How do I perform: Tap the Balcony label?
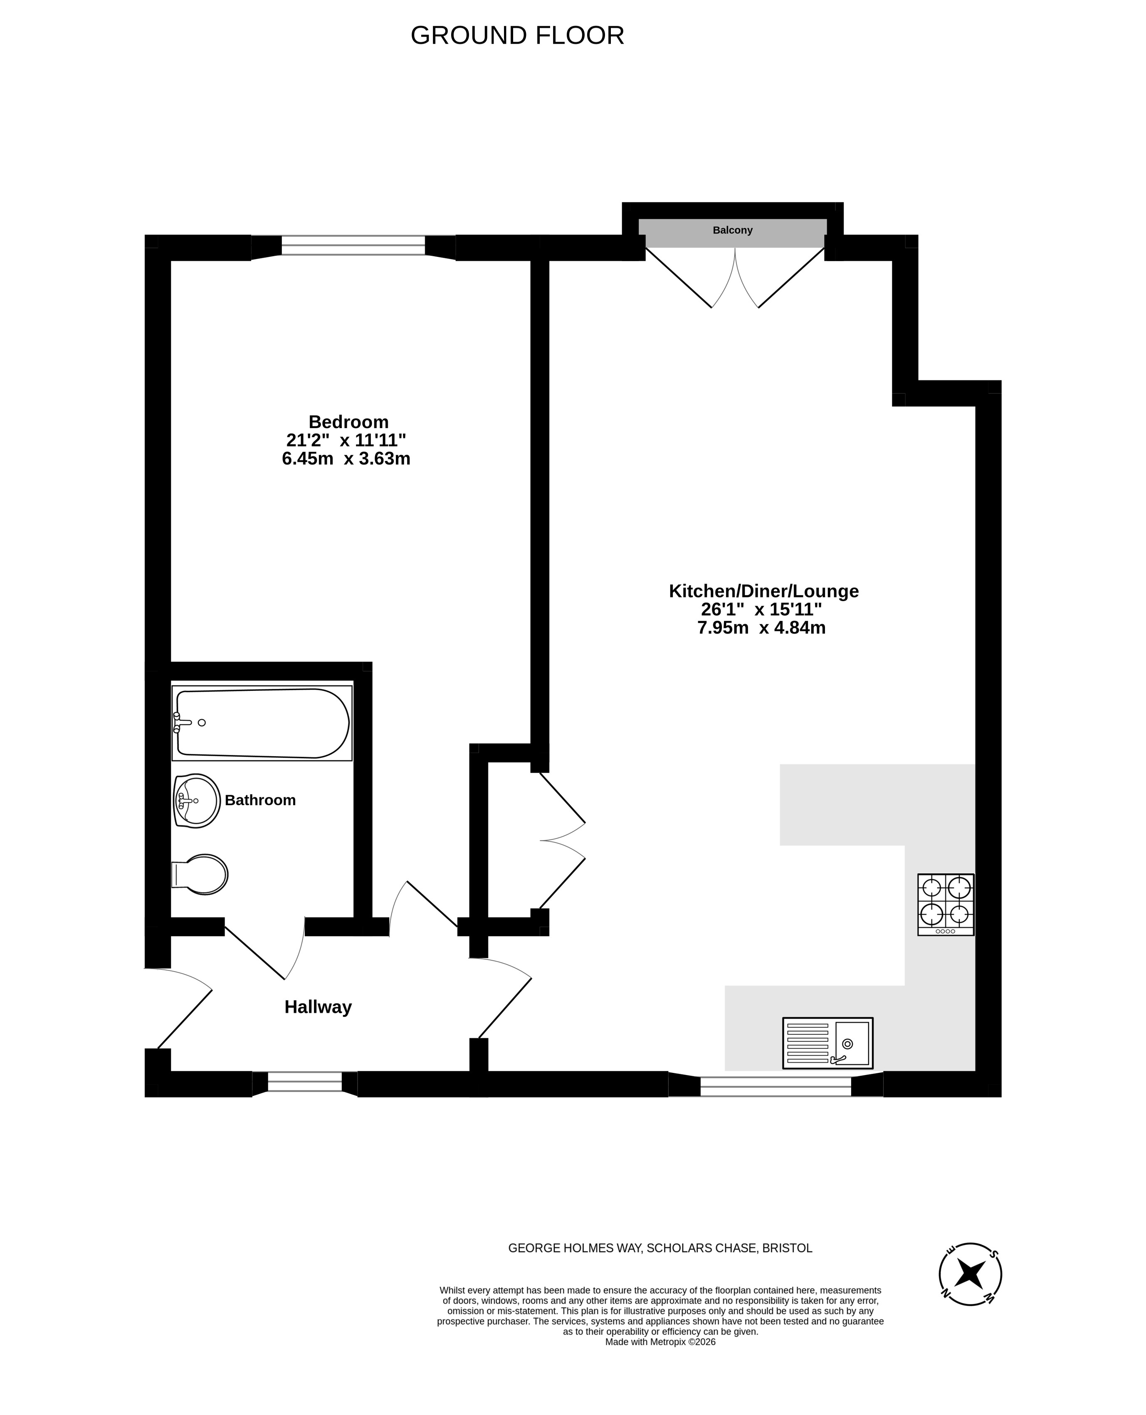732,230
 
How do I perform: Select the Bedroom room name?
348,422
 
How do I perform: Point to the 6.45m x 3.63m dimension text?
346,459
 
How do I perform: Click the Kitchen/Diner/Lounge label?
764,591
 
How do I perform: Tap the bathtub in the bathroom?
262,723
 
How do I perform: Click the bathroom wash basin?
197,801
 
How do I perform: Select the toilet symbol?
199,875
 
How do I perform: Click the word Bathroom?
260,800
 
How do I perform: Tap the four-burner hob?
945,904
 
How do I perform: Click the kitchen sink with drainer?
828,1043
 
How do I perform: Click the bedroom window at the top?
353,246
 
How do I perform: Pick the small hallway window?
305,1082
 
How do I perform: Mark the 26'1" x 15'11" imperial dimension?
761,609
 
